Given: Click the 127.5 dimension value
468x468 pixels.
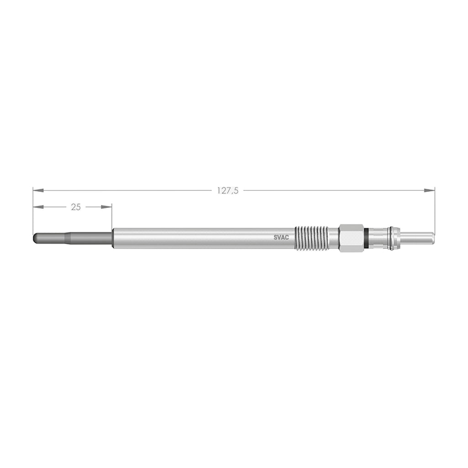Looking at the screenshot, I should click(x=227, y=191).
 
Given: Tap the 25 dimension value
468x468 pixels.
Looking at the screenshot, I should click(x=76, y=207).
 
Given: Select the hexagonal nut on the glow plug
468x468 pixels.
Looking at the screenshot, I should click(x=351, y=238).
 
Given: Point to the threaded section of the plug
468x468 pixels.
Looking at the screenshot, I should click(x=311, y=238).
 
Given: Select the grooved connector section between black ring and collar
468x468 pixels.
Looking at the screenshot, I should click(x=378, y=238).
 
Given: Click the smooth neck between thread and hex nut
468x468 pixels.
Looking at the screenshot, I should click(x=333, y=238).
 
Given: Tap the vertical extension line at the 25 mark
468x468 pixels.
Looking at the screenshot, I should click(x=112, y=217).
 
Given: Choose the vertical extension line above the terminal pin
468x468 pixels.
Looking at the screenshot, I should click(x=435, y=210).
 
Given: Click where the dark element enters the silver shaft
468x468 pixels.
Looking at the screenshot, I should click(x=112, y=238).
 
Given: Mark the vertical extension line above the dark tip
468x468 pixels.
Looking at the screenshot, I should click(x=33, y=210).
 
